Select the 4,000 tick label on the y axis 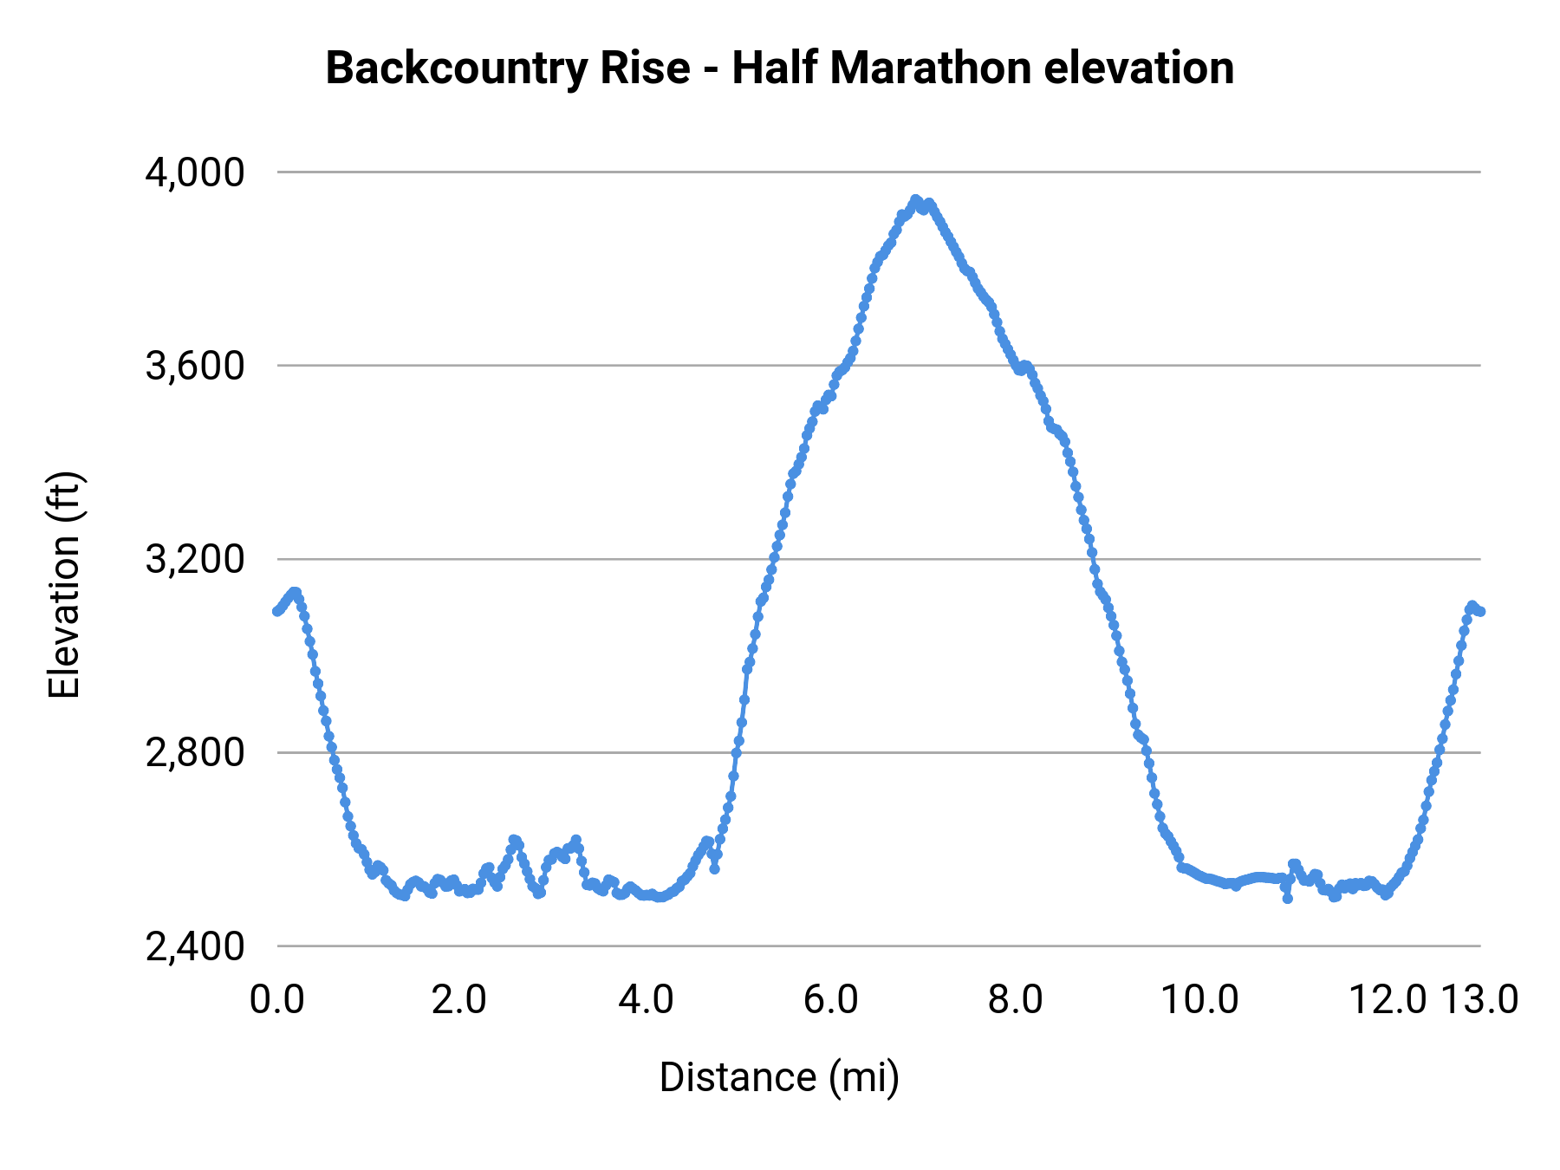195,172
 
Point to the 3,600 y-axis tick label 195,366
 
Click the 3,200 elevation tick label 195,559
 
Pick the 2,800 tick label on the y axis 195,752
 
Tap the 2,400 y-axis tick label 195,946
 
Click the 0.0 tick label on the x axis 276,999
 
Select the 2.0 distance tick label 460,999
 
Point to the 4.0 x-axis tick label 646,999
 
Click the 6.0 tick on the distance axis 830,999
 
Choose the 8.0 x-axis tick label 1016,999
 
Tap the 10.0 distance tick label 1200,999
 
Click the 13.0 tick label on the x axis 1480,999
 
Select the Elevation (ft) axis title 64,586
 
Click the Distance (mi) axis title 779,1077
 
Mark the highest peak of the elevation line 915,199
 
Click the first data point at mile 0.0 276,611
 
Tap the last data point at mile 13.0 1480,611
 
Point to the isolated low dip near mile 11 1287,899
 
